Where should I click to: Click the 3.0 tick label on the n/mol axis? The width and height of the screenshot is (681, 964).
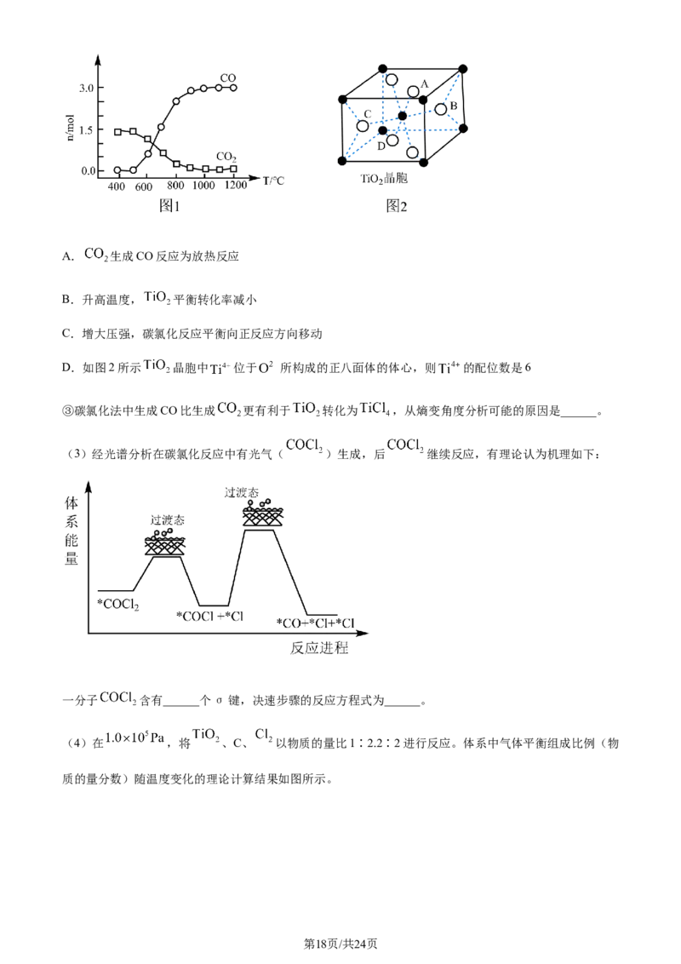(87, 89)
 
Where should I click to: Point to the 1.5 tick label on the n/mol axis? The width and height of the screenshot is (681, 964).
(87, 130)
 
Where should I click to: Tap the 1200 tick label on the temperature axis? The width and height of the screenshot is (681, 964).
(236, 185)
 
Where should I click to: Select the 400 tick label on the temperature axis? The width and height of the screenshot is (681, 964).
(116, 186)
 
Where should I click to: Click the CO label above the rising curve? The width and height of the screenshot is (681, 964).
(228, 78)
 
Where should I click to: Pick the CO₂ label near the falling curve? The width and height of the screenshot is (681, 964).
(226, 158)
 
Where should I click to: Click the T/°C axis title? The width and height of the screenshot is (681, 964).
(273, 181)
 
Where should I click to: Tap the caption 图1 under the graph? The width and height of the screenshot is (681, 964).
(169, 206)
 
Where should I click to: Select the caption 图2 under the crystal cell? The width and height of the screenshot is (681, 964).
(397, 206)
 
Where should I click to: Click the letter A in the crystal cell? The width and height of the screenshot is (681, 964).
(425, 85)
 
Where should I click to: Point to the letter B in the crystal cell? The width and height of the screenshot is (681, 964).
(454, 106)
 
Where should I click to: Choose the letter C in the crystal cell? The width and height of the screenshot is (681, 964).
(368, 114)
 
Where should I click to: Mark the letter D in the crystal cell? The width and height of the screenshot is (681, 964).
(381, 146)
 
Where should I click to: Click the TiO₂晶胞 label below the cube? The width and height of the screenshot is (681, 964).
(384, 179)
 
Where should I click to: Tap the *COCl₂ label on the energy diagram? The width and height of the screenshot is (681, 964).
(118, 605)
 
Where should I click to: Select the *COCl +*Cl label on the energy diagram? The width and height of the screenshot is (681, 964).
(209, 616)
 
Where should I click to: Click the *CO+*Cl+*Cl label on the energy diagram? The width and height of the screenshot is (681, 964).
(315, 623)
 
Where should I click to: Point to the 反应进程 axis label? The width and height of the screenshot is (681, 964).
(319, 648)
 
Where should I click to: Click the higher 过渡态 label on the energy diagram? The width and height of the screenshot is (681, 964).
(242, 492)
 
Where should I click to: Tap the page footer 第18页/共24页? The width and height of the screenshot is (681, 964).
(340, 944)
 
